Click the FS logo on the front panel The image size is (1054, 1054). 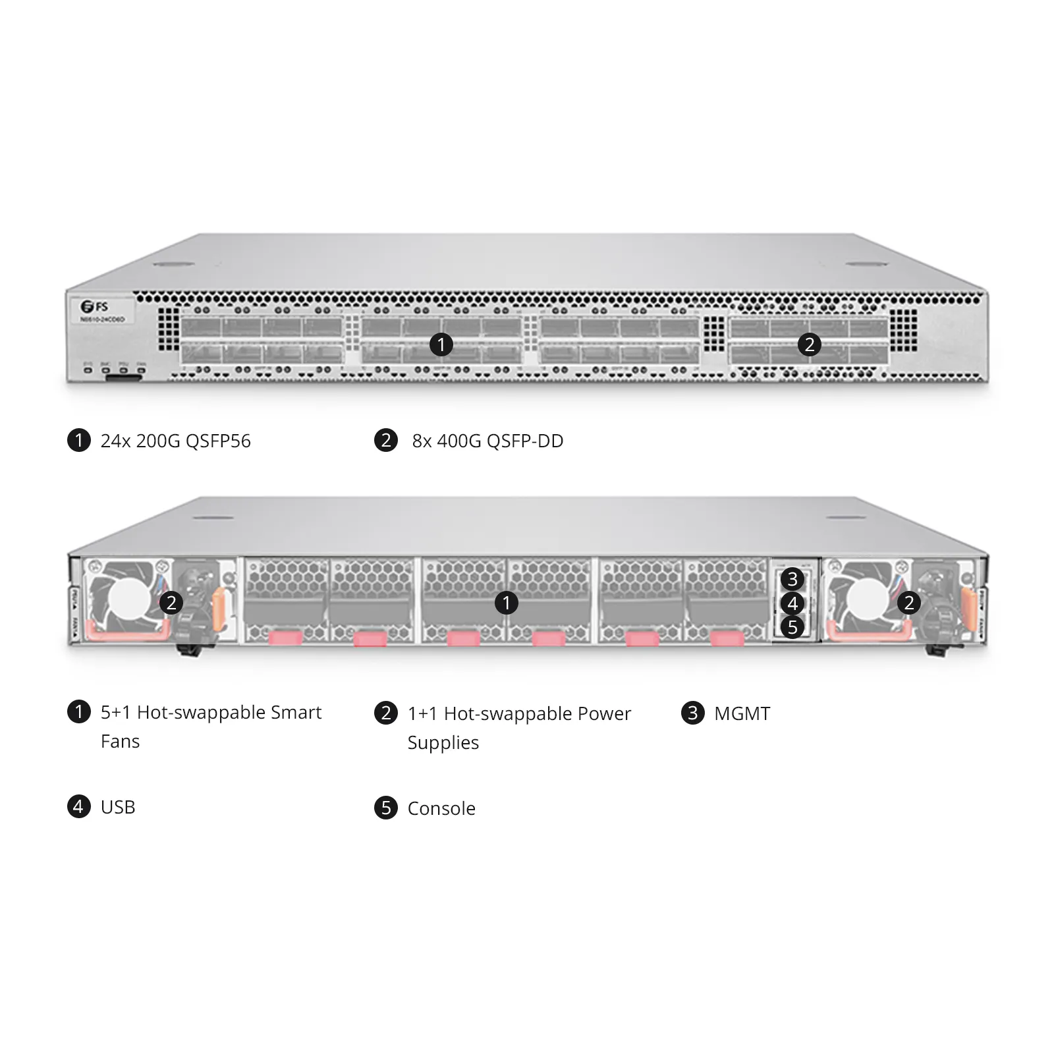click(x=94, y=306)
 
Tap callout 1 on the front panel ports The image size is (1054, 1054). click(x=441, y=344)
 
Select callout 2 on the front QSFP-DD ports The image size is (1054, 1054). click(x=809, y=344)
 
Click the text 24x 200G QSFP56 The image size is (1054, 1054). click(x=175, y=441)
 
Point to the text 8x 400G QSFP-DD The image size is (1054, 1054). click(x=487, y=441)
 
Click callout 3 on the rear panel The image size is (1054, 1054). click(x=792, y=579)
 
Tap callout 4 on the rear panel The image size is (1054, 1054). click(x=792, y=603)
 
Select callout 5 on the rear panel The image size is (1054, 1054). click(x=792, y=626)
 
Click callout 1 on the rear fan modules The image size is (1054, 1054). click(x=506, y=602)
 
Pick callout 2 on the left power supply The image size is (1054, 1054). click(x=171, y=602)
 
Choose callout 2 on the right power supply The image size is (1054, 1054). click(x=909, y=602)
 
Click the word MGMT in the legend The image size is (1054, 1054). click(x=742, y=713)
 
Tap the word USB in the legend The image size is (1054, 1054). click(x=118, y=807)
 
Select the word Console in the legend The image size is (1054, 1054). click(x=441, y=808)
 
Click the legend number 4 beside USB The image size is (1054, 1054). click(x=79, y=806)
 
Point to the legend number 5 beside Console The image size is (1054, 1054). click(x=386, y=808)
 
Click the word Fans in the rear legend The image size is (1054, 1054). click(x=120, y=742)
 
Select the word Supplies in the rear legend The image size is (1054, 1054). click(x=443, y=743)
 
